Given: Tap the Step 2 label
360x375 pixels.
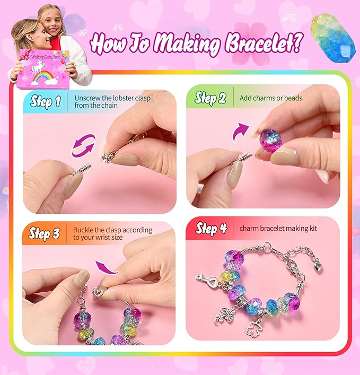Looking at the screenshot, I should tap(210, 98).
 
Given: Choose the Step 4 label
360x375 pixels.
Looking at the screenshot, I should tap(211, 228).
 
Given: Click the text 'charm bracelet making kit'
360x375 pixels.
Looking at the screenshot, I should tap(278, 229).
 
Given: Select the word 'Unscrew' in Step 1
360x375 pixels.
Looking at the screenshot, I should tap(89, 98).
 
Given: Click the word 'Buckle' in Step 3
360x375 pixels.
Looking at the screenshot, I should tap(84, 230).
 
